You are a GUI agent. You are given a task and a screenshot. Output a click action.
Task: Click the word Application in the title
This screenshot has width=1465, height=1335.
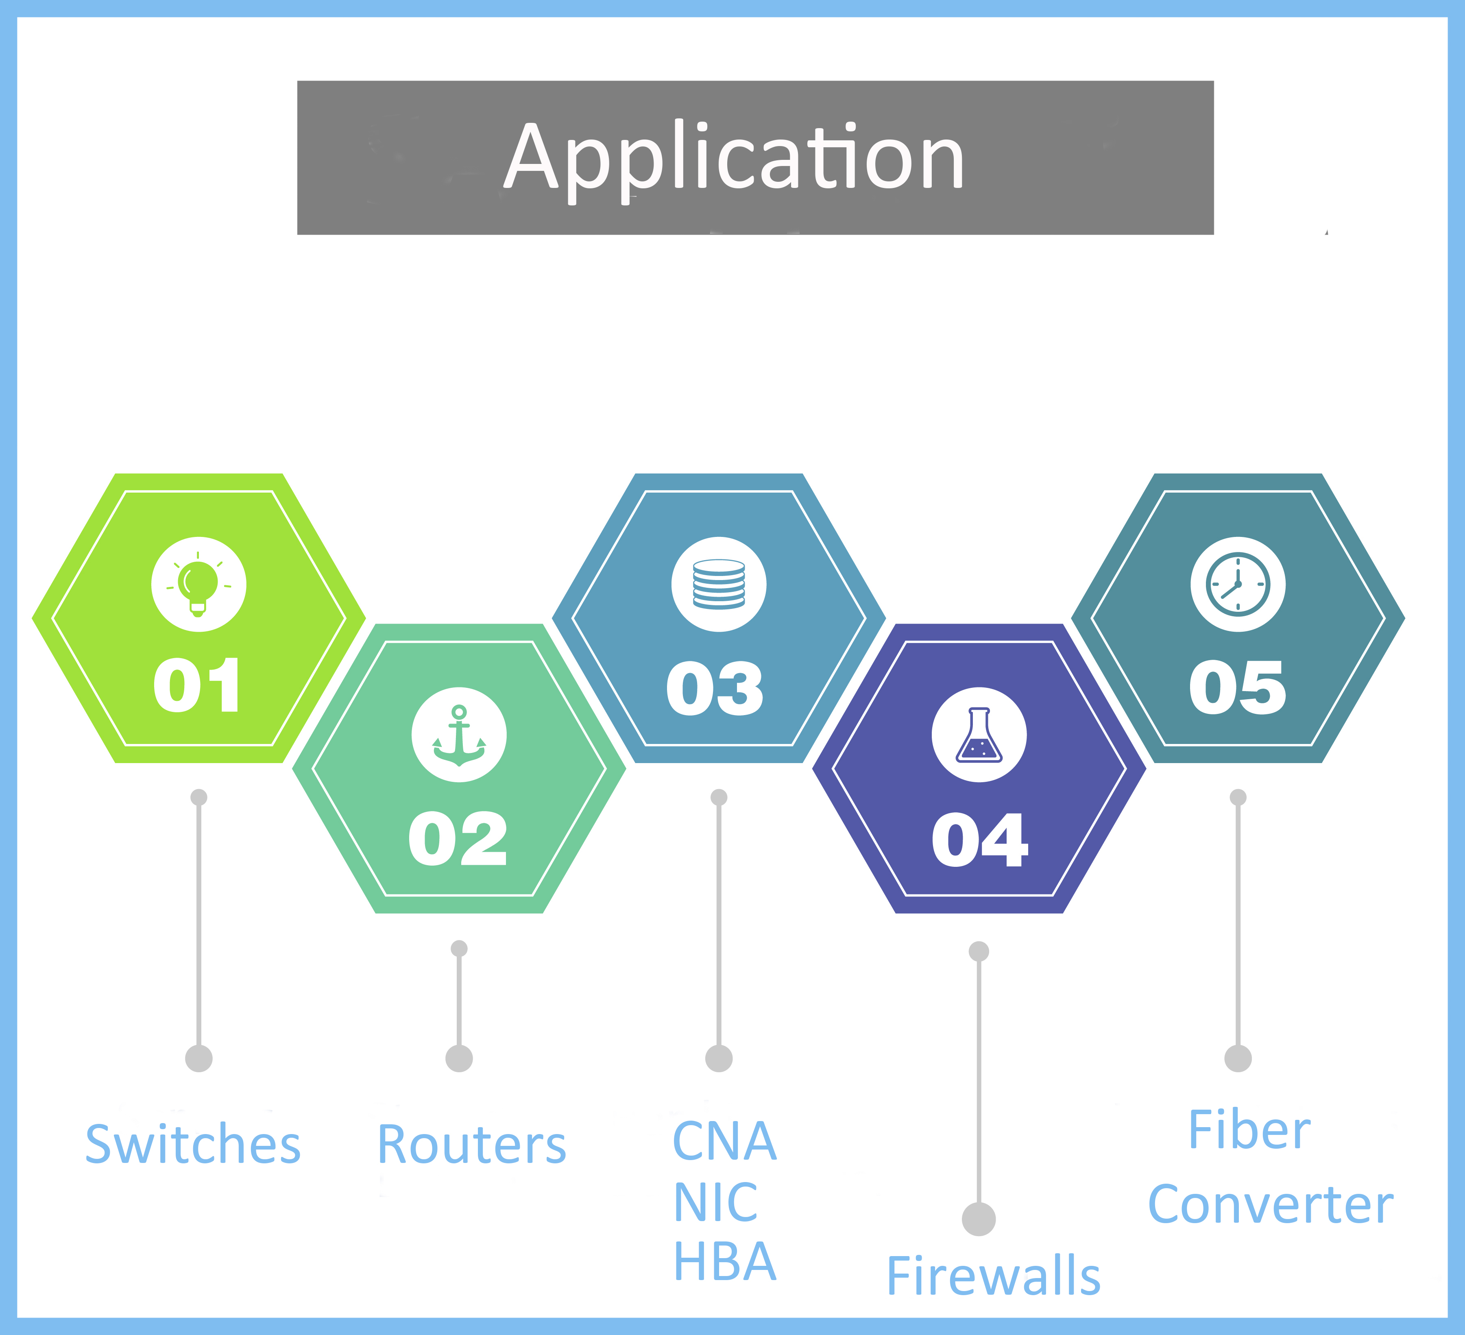click(x=734, y=158)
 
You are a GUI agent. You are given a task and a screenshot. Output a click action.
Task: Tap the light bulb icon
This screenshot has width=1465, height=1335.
click(x=198, y=584)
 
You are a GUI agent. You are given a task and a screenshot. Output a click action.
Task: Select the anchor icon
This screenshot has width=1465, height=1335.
click(x=458, y=735)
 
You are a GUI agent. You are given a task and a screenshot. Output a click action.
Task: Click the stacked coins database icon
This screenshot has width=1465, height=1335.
click(x=719, y=584)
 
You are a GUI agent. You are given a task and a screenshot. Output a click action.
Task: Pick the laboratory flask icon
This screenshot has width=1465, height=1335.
click(x=979, y=735)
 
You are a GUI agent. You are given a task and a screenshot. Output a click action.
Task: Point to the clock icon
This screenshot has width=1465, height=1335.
click(x=1238, y=584)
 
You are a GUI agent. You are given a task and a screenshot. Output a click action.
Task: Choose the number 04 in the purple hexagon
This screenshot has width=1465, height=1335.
click(x=979, y=840)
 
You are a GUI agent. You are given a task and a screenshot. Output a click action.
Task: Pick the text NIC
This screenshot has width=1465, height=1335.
click(x=716, y=1203)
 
